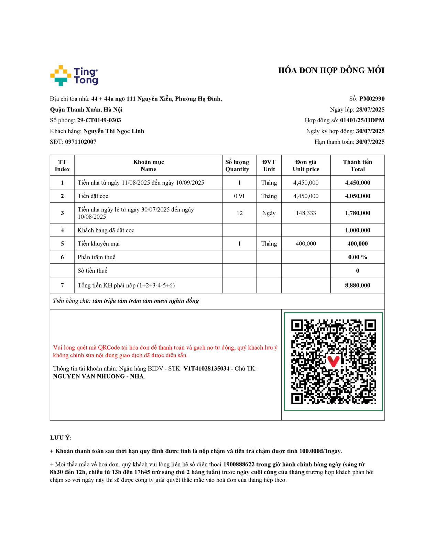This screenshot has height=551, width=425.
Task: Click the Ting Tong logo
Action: coord(74,75)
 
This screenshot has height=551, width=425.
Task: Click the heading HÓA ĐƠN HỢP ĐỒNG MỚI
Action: coord(331,71)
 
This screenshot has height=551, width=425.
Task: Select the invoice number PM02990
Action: coord(372,99)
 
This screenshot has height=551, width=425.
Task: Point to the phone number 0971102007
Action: coord(81,142)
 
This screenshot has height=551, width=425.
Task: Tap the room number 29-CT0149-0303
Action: coord(99,120)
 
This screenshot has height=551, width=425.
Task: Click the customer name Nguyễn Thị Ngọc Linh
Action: coord(113,131)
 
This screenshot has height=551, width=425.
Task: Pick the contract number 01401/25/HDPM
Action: coord(362,120)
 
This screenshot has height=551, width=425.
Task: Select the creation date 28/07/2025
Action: coord(370,110)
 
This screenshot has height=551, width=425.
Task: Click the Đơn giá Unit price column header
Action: coord(306,166)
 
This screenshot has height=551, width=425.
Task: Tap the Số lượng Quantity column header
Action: coord(237,166)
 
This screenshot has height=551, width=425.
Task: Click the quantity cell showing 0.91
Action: coord(239,196)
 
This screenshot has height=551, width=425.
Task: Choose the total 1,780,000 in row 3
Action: coord(358,213)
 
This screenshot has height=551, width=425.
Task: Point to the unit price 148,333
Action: coord(306,213)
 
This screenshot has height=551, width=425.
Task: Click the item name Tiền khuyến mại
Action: coord(99,244)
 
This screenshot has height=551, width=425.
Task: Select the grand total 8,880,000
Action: coord(358,285)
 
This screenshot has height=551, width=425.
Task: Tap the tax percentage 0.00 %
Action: coord(358,257)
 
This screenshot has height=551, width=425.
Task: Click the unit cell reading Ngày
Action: coord(269,213)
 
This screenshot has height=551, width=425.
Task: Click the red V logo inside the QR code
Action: coord(333,361)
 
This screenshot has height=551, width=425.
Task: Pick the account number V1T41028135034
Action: coord(206,368)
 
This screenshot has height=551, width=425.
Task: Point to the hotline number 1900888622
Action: coord(239,465)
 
